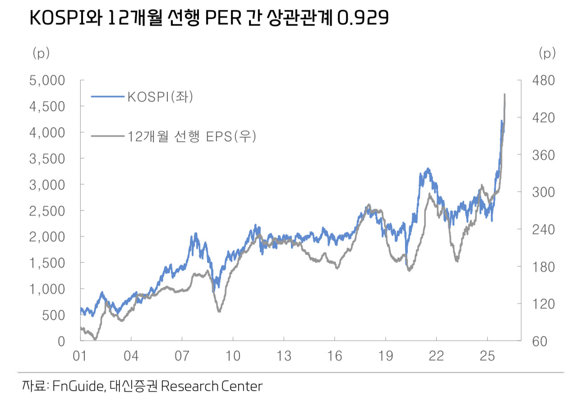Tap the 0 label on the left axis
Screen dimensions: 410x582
(x=61, y=341)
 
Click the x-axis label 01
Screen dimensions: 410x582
(x=80, y=356)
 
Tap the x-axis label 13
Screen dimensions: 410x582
(x=284, y=356)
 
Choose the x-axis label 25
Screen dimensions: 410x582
(x=488, y=356)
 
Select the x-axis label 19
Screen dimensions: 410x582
(x=386, y=356)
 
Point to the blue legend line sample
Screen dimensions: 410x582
(x=108, y=97)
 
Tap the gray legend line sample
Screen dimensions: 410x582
(x=108, y=135)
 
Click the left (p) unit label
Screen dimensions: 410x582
(x=41, y=53)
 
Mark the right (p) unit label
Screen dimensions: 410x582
(x=547, y=53)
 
